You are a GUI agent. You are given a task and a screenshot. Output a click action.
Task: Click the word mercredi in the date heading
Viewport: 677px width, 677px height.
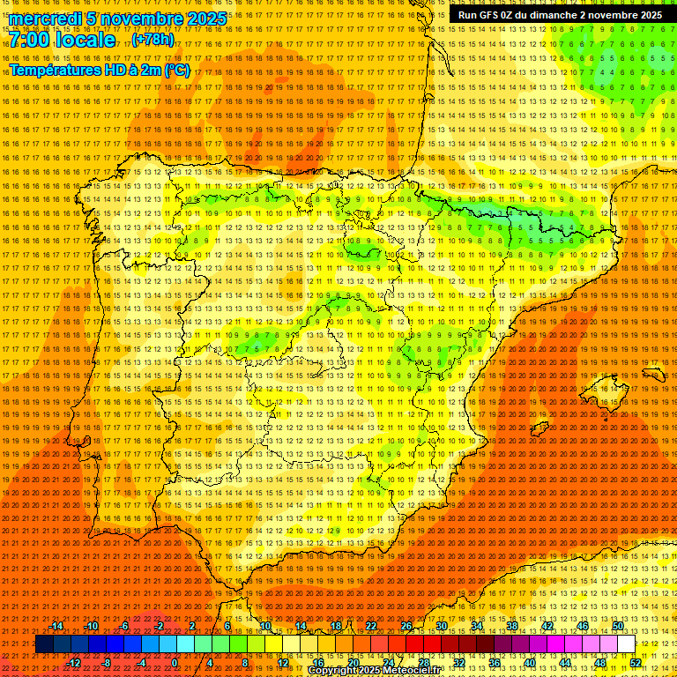pyautogui.click(x=46, y=19)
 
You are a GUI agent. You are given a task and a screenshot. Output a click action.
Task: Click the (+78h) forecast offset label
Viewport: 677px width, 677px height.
pyautogui.click(x=153, y=41)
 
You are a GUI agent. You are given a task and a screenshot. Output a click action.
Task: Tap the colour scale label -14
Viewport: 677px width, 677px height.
pyautogui.click(x=57, y=626)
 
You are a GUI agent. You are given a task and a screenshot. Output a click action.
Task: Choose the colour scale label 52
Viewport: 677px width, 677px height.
pyautogui.click(x=636, y=663)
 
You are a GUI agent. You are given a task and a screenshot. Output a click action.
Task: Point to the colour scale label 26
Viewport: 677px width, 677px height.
pyautogui.click(x=406, y=626)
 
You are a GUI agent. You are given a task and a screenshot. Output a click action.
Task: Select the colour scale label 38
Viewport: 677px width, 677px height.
pyautogui.click(x=511, y=626)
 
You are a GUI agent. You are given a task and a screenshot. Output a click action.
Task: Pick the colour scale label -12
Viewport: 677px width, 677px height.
pyautogui.click(x=74, y=663)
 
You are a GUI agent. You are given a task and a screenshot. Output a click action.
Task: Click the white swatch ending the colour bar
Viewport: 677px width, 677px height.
pyautogui.click(x=626, y=644)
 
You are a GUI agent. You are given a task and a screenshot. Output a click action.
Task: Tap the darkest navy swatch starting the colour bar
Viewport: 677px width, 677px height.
pyautogui.click(x=44, y=644)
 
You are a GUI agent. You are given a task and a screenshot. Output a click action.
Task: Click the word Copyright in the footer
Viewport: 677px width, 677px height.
pyautogui.click(x=332, y=671)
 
